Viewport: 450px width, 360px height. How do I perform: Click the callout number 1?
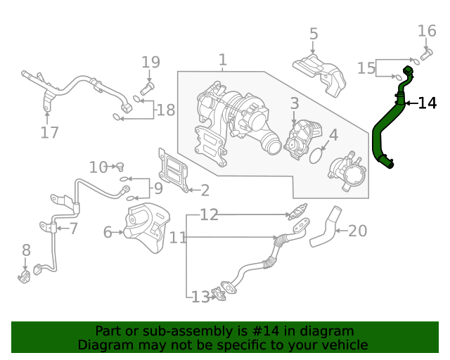pyautogui.click(x=222, y=60)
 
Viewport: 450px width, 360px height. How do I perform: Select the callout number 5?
pyautogui.click(x=314, y=34)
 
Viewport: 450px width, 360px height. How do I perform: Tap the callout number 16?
pyautogui.click(x=427, y=31)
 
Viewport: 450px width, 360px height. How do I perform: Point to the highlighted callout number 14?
pyautogui.click(x=427, y=103)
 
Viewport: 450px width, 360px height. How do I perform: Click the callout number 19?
pyautogui.click(x=150, y=62)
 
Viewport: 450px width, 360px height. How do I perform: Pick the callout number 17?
pyautogui.click(x=49, y=132)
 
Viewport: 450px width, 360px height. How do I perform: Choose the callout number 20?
pyautogui.click(x=358, y=231)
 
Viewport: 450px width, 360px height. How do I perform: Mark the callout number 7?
pyautogui.click(x=73, y=229)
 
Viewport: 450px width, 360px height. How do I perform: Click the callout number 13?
pyautogui.click(x=200, y=297)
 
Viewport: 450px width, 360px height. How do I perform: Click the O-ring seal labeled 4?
pyautogui.click(x=319, y=153)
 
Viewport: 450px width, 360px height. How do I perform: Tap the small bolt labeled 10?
pyautogui.click(x=120, y=167)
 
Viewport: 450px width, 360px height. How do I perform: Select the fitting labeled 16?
pyautogui.click(x=425, y=53)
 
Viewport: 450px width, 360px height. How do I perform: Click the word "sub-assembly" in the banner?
pyautogui.click(x=166, y=331)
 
